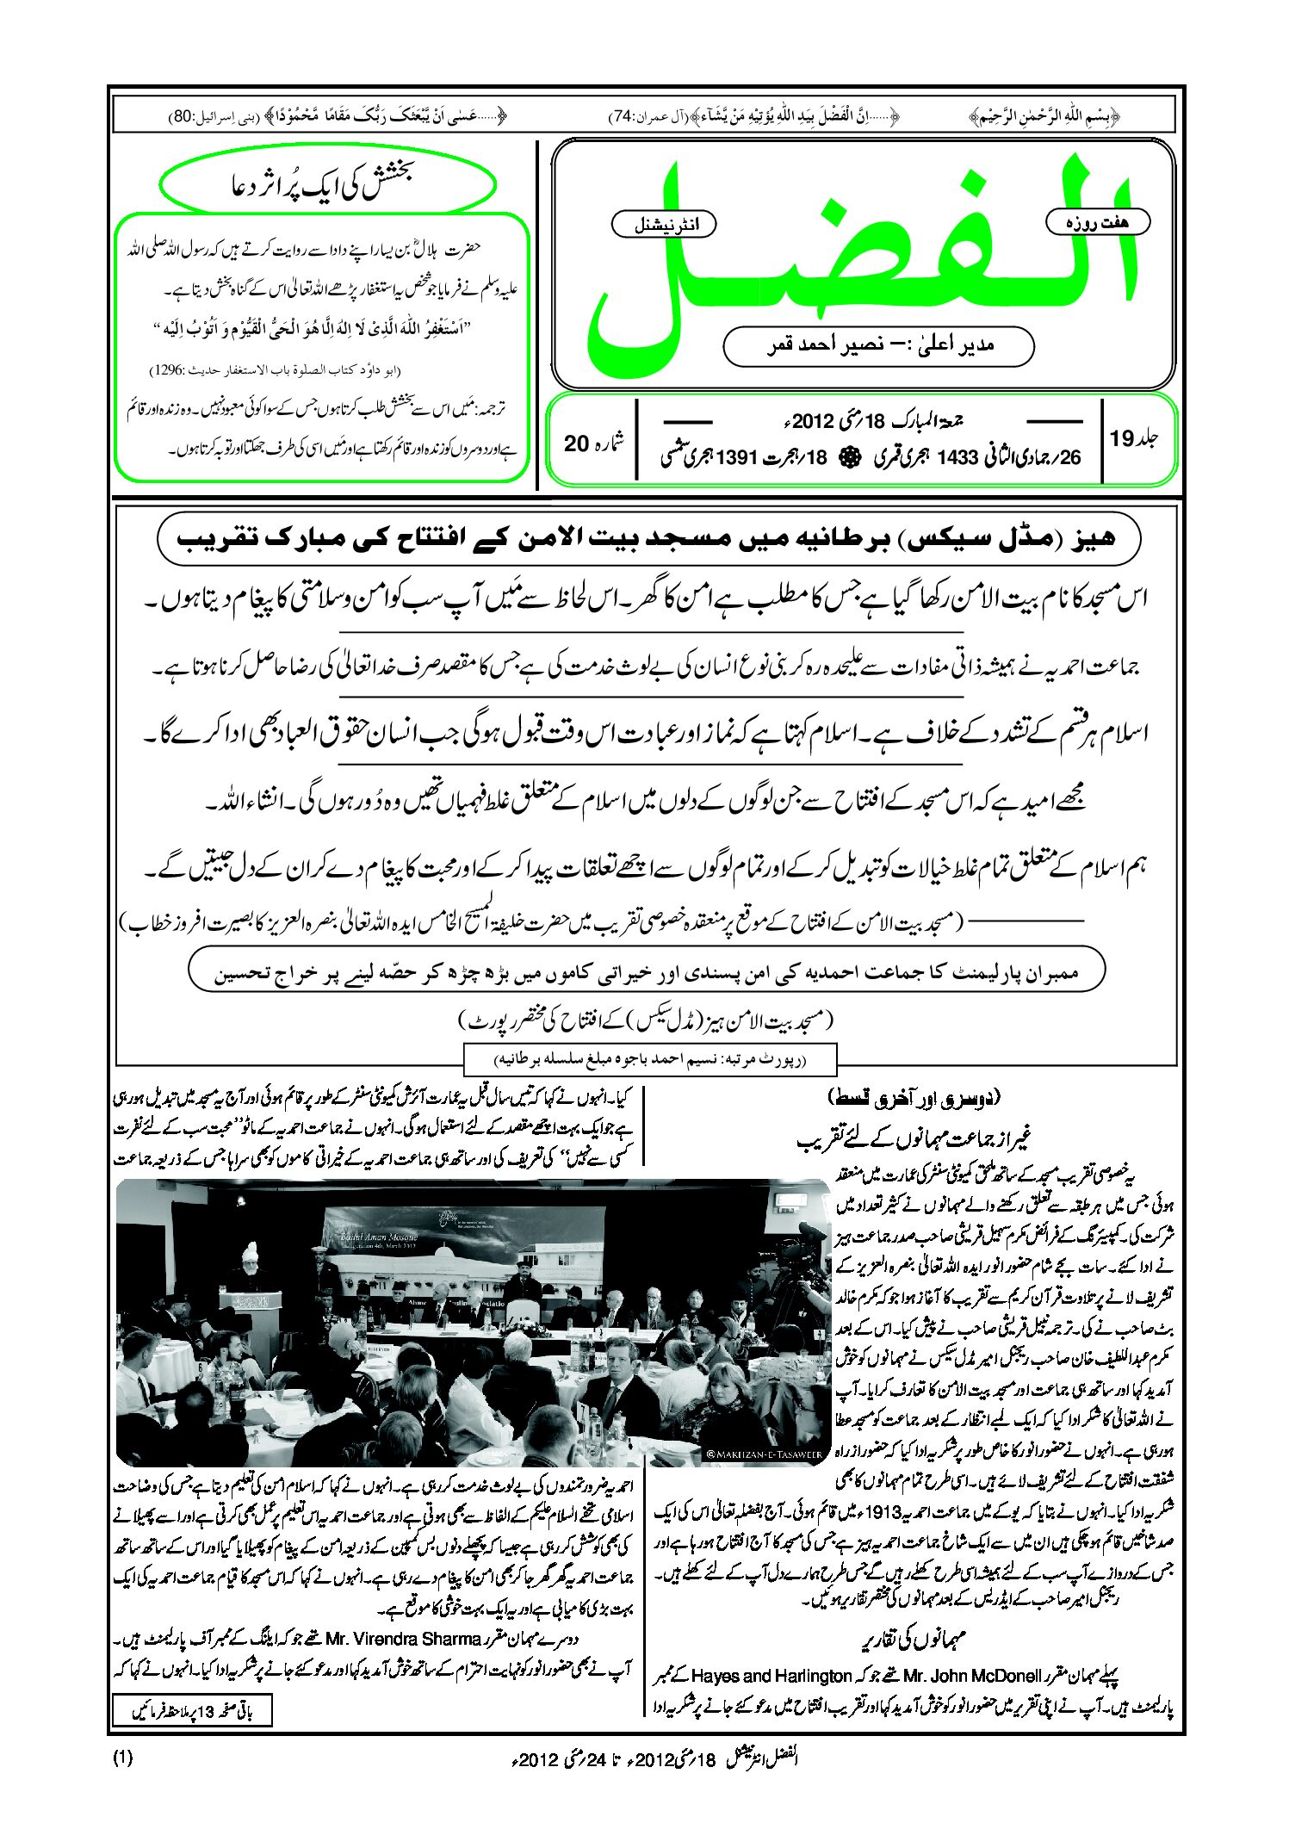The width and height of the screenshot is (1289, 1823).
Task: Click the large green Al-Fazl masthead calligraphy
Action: coord(861,258)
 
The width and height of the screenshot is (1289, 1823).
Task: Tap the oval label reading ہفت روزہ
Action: coord(1097,222)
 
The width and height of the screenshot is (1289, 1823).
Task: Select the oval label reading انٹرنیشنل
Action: coord(663,225)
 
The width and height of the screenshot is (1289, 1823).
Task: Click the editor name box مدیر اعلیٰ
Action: coord(878,345)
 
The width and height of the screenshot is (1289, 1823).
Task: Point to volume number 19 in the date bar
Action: coord(1123,438)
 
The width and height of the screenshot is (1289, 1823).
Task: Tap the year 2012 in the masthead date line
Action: coord(813,421)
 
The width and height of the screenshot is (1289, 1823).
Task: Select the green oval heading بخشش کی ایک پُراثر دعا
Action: coord(328,184)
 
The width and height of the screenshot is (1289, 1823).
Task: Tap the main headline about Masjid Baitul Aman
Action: coord(648,539)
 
